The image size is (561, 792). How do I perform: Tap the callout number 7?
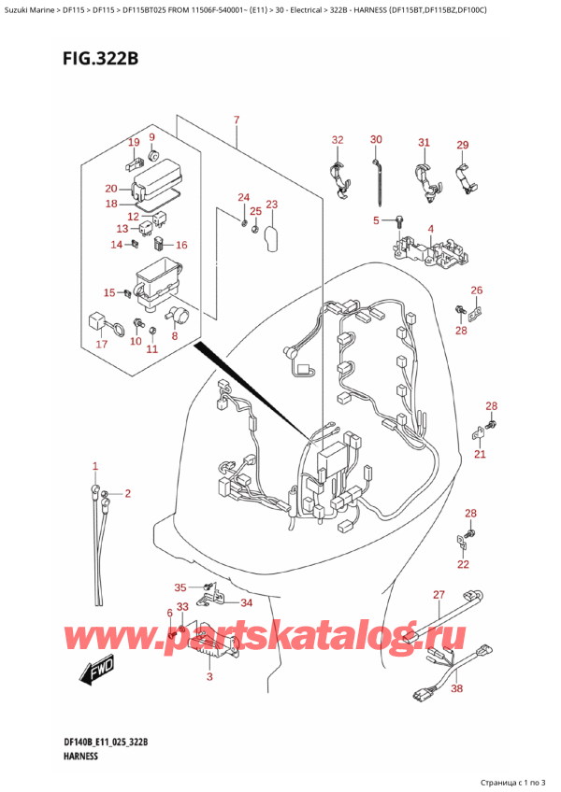tap(237, 120)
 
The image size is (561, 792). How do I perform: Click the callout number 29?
tap(462, 145)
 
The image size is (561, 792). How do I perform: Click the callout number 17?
tap(101, 345)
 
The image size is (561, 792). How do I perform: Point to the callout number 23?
tap(271, 205)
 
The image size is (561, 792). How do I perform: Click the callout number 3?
tap(209, 675)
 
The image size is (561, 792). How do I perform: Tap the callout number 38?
tap(456, 688)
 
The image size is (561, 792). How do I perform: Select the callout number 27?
tap(439, 595)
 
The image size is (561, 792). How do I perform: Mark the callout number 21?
tap(480, 455)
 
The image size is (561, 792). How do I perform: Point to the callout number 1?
tap(94, 466)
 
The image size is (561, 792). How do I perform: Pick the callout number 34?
tap(246, 602)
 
